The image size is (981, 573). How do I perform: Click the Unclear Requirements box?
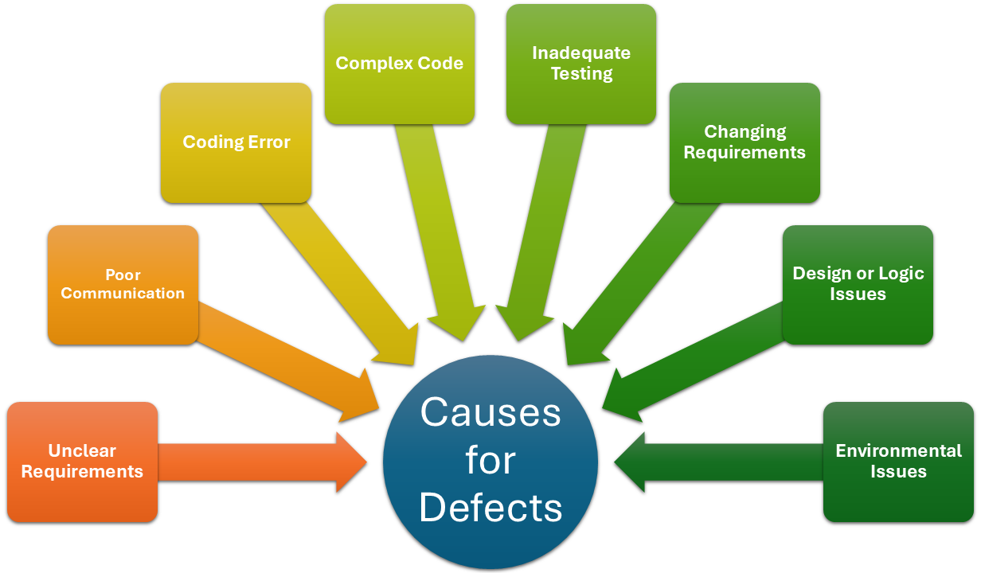pos(82,462)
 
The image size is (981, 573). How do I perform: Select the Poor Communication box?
pos(123,285)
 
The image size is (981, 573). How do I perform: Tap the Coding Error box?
pos(236,142)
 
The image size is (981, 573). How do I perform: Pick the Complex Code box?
pos(399,64)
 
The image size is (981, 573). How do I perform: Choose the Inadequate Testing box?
pos(581,64)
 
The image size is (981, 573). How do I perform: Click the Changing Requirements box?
pos(745,142)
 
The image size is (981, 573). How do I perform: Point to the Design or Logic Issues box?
pos(858,284)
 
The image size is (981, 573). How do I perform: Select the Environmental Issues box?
pos(898,462)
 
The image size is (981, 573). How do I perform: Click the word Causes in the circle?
pos(490,413)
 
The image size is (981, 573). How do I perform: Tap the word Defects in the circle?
pos(490,508)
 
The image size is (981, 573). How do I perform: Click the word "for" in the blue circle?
pos(490,460)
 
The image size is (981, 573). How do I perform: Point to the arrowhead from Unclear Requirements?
pos(350,462)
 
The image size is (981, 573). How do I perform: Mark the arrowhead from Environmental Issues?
pos(631,462)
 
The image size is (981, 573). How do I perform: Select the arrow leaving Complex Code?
pos(438,231)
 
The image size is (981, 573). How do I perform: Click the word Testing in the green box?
pos(581,74)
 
